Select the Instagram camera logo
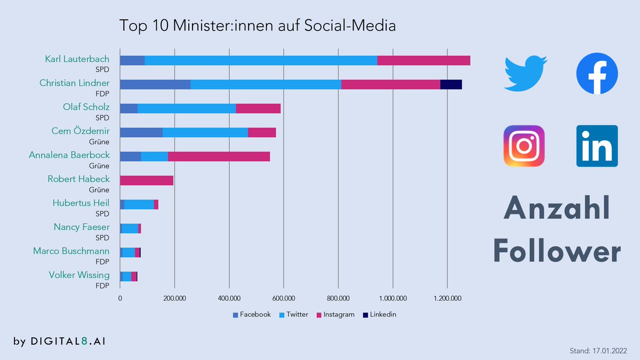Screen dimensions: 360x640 pos(524,146)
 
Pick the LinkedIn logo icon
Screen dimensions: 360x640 pos(597,146)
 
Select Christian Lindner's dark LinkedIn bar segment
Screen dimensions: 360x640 pos(451,84)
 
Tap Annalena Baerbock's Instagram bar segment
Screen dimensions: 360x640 pos(219,156)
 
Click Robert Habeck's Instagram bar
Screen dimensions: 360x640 pos(147,180)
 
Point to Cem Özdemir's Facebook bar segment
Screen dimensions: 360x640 pos(141,132)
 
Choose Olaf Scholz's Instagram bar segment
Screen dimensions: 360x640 pos(258,108)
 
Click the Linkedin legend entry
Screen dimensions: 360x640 pos(379,315)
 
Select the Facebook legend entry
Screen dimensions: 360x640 pos(252,315)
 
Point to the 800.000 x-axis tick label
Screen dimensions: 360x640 pos(338,298)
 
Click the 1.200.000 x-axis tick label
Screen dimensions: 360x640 pos(447,298)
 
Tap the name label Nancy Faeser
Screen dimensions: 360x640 pos(82,227)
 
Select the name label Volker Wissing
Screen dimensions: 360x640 pos(79,275)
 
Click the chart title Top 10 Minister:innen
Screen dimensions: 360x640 pos(257,26)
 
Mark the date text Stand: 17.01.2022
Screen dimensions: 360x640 pos(598,350)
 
